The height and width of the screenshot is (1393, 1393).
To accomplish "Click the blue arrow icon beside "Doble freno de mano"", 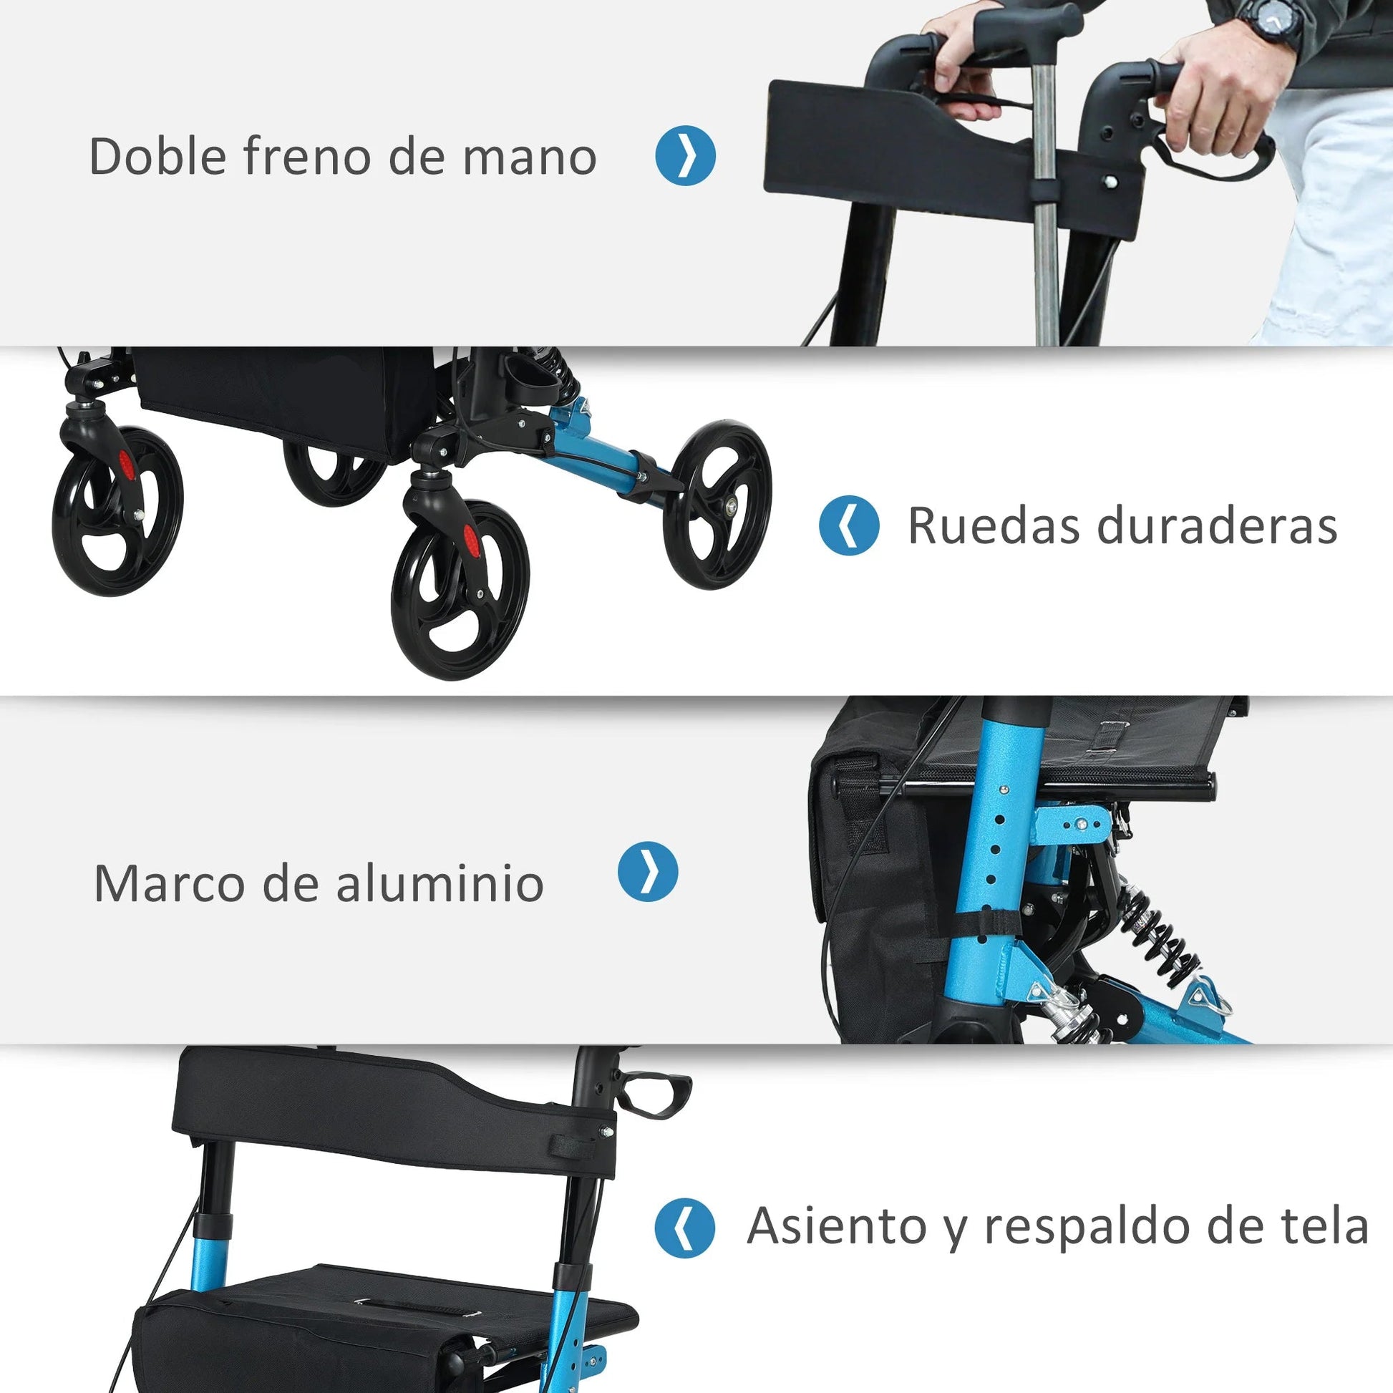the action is tap(685, 156).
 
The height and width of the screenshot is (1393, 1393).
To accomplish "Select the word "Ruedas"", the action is tap(995, 525).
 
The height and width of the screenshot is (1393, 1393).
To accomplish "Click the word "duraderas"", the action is tap(1218, 525).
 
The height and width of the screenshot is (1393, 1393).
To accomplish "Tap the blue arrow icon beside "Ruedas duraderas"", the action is tap(850, 525).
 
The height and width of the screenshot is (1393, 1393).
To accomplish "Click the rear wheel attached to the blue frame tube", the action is tap(717, 504).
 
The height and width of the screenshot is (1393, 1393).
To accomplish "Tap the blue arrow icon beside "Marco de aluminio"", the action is tap(648, 872).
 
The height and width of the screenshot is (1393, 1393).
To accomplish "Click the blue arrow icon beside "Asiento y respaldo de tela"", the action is tap(684, 1228).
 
